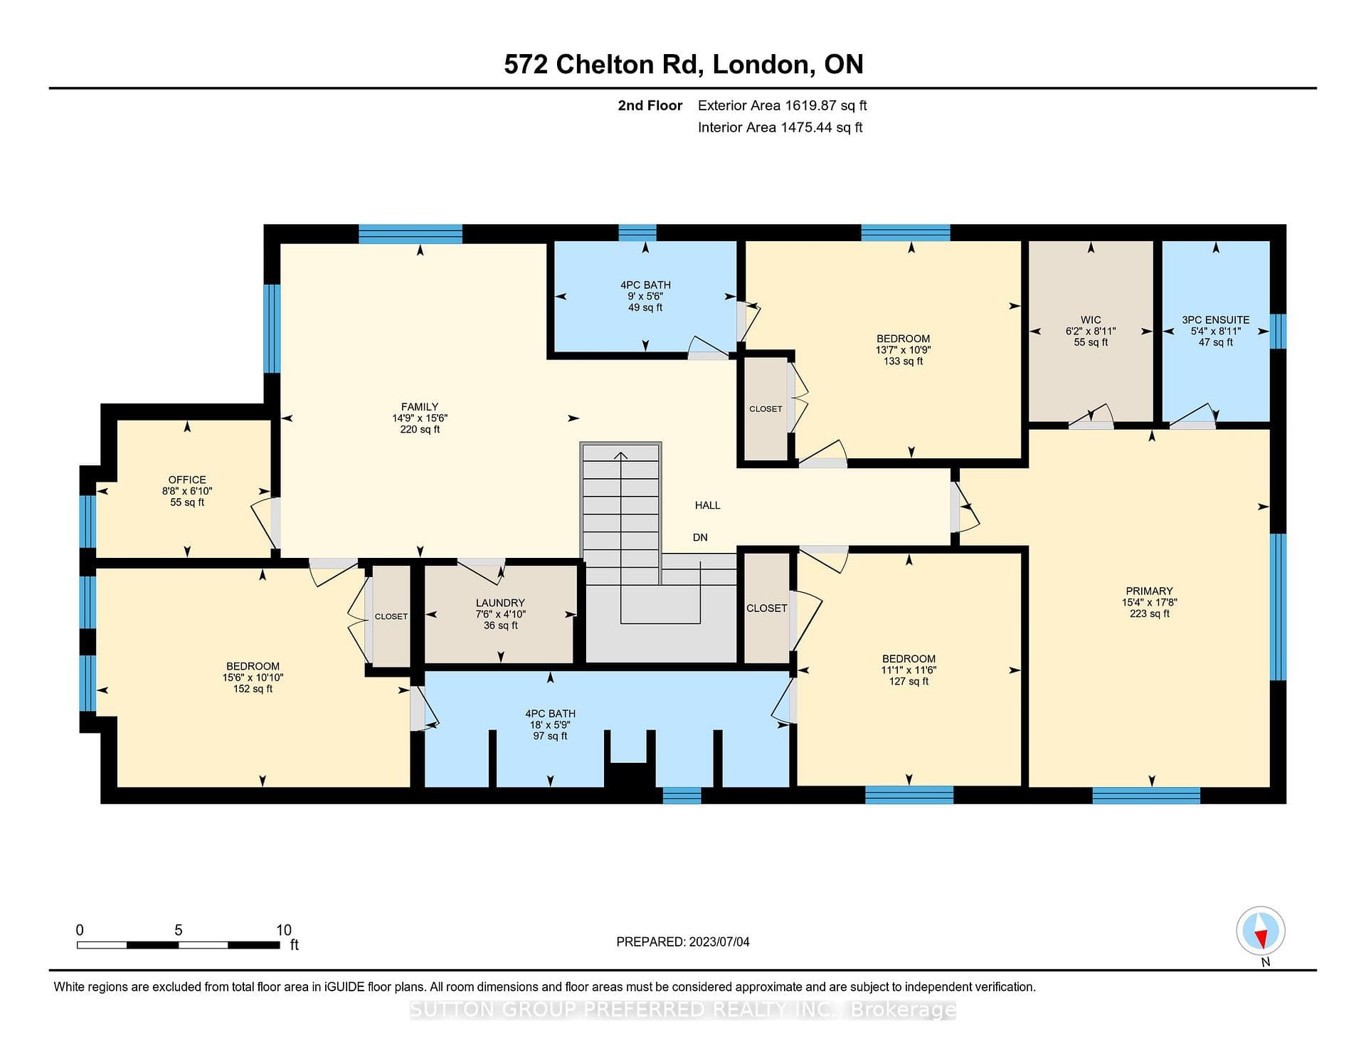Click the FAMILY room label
tap(420, 407)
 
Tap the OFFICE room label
tap(187, 480)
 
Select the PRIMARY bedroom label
tap(1149, 591)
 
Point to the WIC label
tap(1091, 320)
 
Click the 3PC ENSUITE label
tap(1216, 320)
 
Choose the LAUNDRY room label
tap(500, 603)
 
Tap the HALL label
tap(708, 505)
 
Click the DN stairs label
tap(700, 537)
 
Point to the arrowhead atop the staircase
tap(621, 455)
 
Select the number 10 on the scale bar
tap(284, 930)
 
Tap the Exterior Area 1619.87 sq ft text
tap(783, 105)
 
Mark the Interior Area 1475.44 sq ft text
tap(780, 127)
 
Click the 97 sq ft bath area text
tap(550, 736)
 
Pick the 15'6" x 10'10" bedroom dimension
tap(253, 677)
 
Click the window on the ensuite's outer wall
tap(1278, 331)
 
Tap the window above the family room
tap(411, 233)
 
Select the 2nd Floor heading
tap(650, 105)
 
